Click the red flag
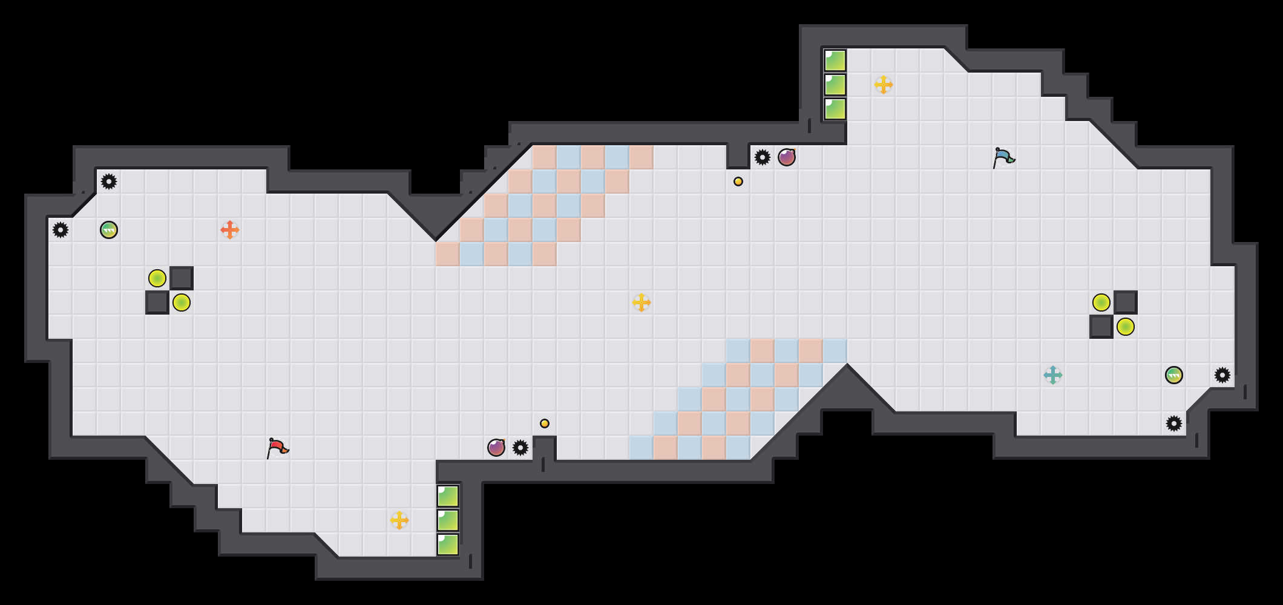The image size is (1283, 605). pos(277,448)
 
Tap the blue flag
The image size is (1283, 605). pos(1003,157)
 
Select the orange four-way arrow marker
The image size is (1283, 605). pos(230,230)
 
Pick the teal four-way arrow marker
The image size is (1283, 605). pos(1053,375)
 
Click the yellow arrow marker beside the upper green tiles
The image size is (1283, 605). pos(884,85)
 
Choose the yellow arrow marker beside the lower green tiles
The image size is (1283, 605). pos(399,520)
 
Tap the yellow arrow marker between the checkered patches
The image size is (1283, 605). pos(641,302)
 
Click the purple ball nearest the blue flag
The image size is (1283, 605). pos(787,157)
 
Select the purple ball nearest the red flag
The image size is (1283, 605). pos(496,448)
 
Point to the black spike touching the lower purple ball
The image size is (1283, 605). pos(520,448)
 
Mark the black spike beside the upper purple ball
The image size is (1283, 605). pos(763,157)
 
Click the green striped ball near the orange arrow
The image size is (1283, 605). pos(109,230)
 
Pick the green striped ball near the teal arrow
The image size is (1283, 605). pos(1174,375)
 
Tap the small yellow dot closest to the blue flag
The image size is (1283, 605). pos(738,181)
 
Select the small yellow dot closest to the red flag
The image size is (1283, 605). pos(545,423)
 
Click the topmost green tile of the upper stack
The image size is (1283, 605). pos(835,60)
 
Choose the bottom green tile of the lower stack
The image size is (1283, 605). pos(448,544)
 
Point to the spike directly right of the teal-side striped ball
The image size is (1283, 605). pos(1222,375)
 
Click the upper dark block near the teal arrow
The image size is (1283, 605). pos(1126,302)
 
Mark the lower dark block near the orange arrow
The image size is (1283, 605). pos(157,302)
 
